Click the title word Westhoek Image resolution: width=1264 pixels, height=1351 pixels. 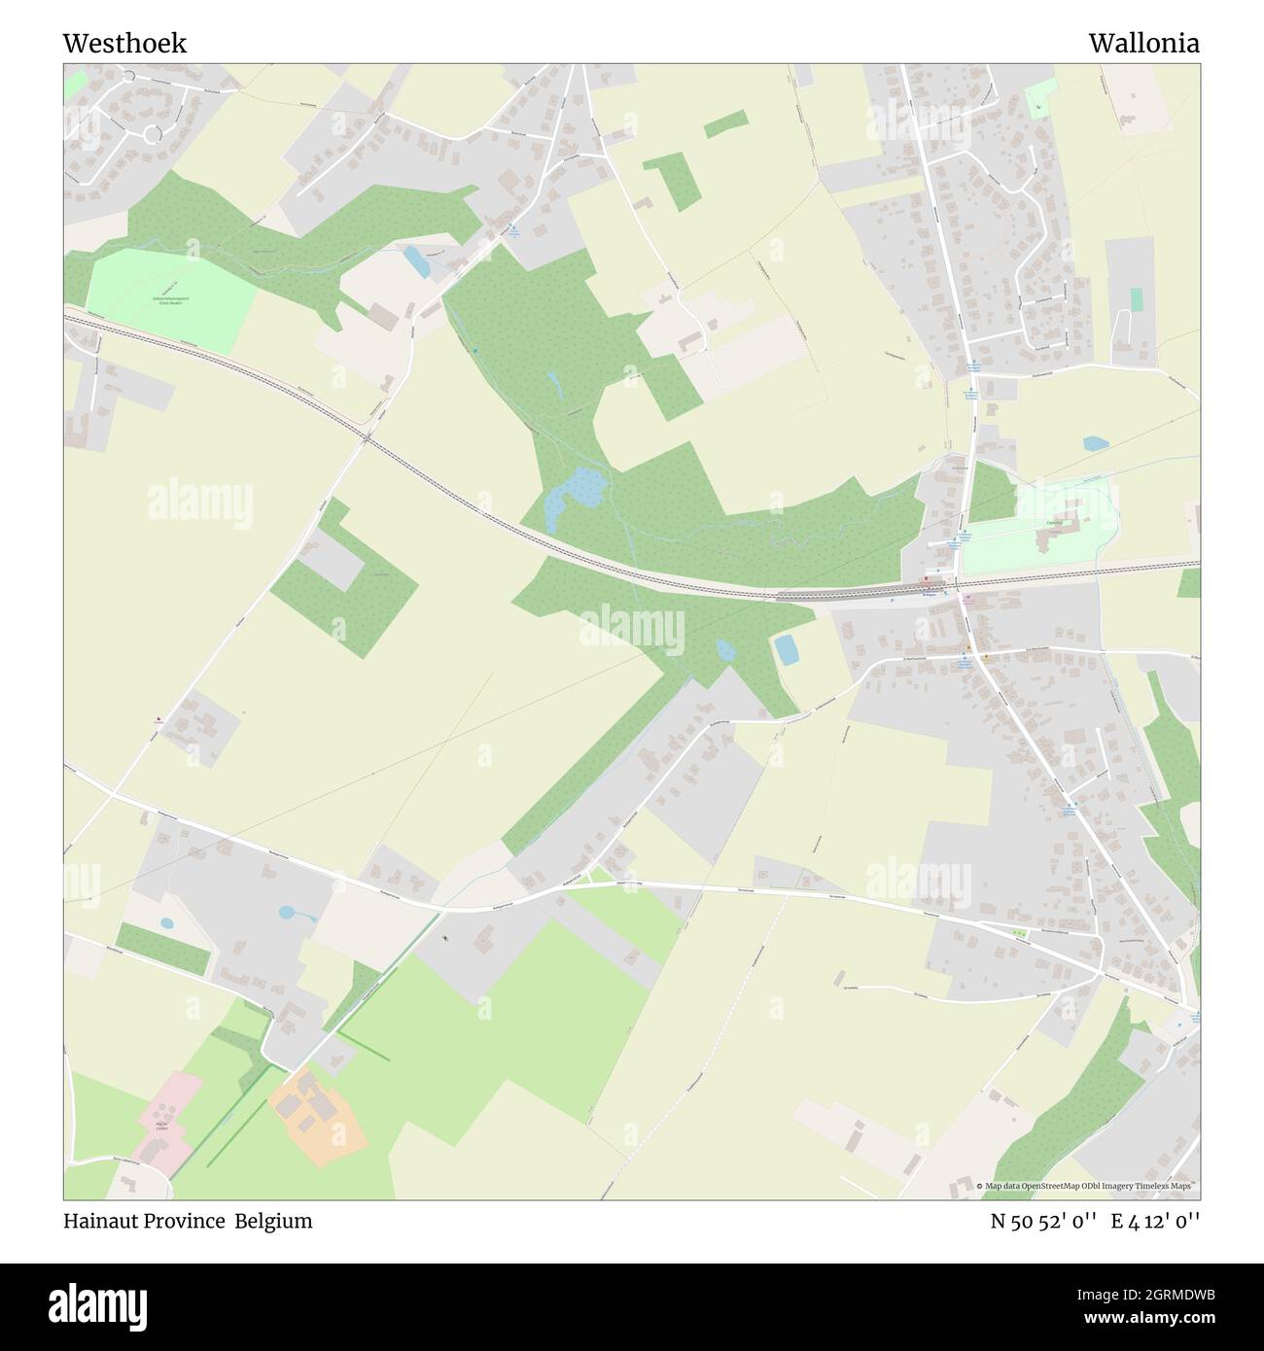click(124, 44)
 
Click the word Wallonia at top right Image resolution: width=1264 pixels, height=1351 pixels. click(1143, 44)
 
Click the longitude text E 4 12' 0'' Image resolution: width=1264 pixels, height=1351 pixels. click(1156, 1221)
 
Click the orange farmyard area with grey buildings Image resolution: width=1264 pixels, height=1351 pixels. click(317, 1113)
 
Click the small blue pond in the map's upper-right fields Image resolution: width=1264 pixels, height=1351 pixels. click(1096, 443)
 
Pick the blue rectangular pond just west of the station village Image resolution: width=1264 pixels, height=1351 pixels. click(787, 649)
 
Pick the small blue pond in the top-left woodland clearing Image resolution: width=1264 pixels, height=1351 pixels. click(416, 260)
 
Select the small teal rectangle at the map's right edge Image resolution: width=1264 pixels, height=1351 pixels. click(1136, 298)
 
